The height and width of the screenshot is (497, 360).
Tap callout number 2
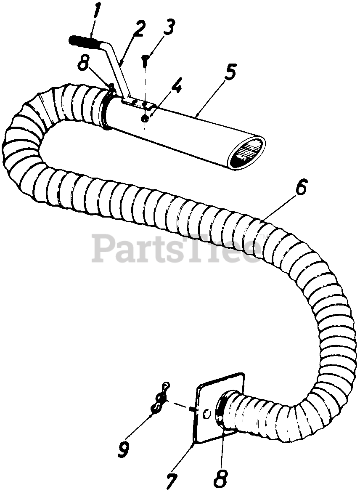[139, 30]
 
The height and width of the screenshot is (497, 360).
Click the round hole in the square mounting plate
[206, 414]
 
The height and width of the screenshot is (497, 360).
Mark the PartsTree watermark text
[177, 248]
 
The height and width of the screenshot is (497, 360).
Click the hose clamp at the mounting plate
[220, 412]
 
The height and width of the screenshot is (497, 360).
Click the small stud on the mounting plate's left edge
[191, 408]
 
